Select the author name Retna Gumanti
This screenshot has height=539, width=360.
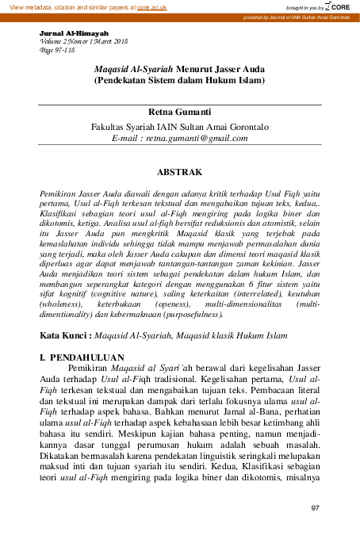180,114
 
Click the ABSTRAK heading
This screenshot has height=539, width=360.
180,172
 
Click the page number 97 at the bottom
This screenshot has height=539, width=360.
315,508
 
